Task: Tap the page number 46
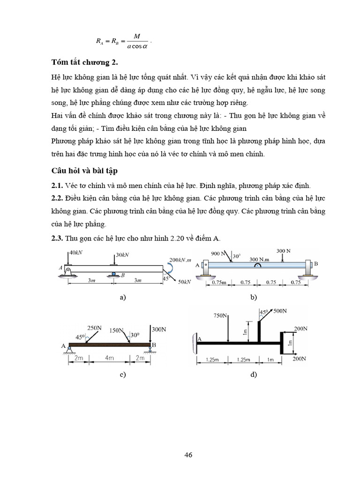[188, 455]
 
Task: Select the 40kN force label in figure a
[76, 253]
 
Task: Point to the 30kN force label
[122, 255]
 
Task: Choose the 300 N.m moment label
[259, 259]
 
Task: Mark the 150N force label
[118, 330]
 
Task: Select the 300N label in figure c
[159, 330]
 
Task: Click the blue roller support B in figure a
[113, 273]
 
